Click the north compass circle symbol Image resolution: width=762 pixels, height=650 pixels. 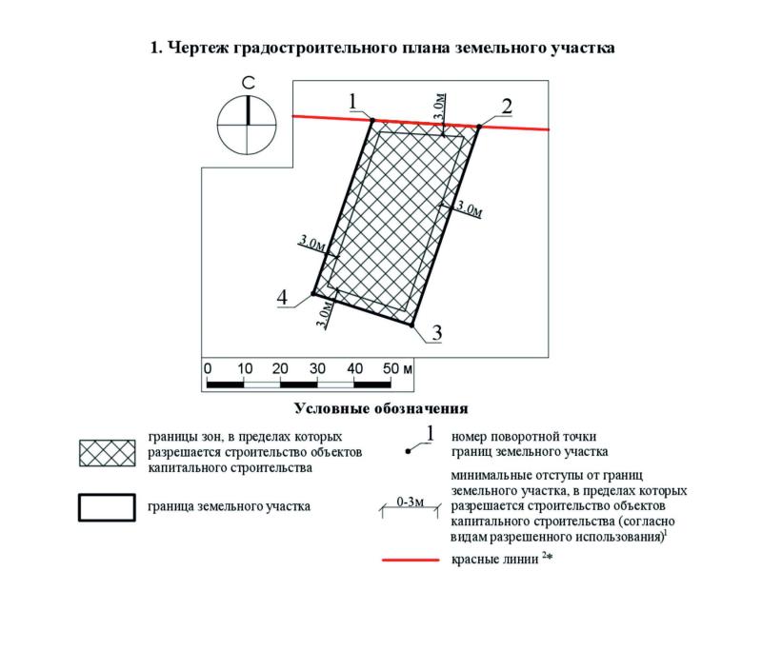pyautogui.click(x=247, y=124)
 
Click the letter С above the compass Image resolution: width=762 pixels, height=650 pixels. pyautogui.click(x=247, y=85)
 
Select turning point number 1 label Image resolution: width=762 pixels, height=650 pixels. pyautogui.click(x=352, y=101)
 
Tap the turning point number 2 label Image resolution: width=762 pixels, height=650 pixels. pyautogui.click(x=507, y=106)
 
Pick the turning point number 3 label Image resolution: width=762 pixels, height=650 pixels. pyautogui.click(x=436, y=333)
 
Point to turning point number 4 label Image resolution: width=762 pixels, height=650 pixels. pyautogui.click(x=283, y=299)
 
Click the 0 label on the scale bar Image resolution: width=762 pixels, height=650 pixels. pyautogui.click(x=208, y=368)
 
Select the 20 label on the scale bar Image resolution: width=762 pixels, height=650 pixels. pyautogui.click(x=280, y=368)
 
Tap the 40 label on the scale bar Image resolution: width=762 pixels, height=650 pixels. pyautogui.click(x=353, y=368)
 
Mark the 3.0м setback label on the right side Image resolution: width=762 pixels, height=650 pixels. pyautogui.click(x=469, y=208)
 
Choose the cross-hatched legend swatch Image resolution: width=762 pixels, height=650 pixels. pyautogui.click(x=107, y=454)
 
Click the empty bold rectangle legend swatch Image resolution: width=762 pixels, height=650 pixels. pyautogui.click(x=107, y=506)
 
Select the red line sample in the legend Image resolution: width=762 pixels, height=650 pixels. pyautogui.click(x=411, y=561)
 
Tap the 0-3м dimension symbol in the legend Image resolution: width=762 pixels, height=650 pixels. pyautogui.click(x=411, y=504)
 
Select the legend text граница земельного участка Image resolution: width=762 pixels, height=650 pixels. pyautogui.click(x=229, y=506)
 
